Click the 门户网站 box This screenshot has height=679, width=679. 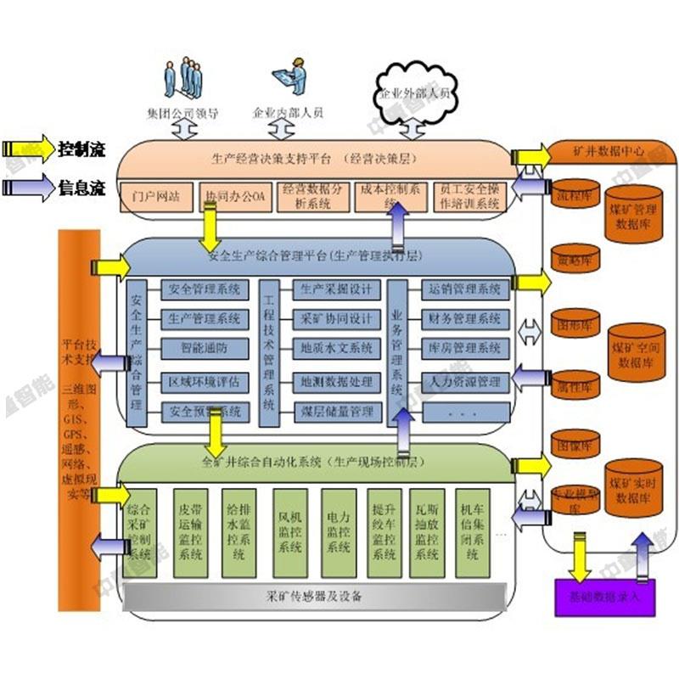156,197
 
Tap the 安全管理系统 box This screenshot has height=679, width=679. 204,289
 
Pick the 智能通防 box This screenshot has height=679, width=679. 204,347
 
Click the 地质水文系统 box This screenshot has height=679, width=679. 337,347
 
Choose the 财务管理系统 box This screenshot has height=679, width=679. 465,319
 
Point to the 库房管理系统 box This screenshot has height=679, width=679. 465,348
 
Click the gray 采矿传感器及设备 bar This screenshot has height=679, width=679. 314,596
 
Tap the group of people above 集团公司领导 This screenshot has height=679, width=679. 183,78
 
